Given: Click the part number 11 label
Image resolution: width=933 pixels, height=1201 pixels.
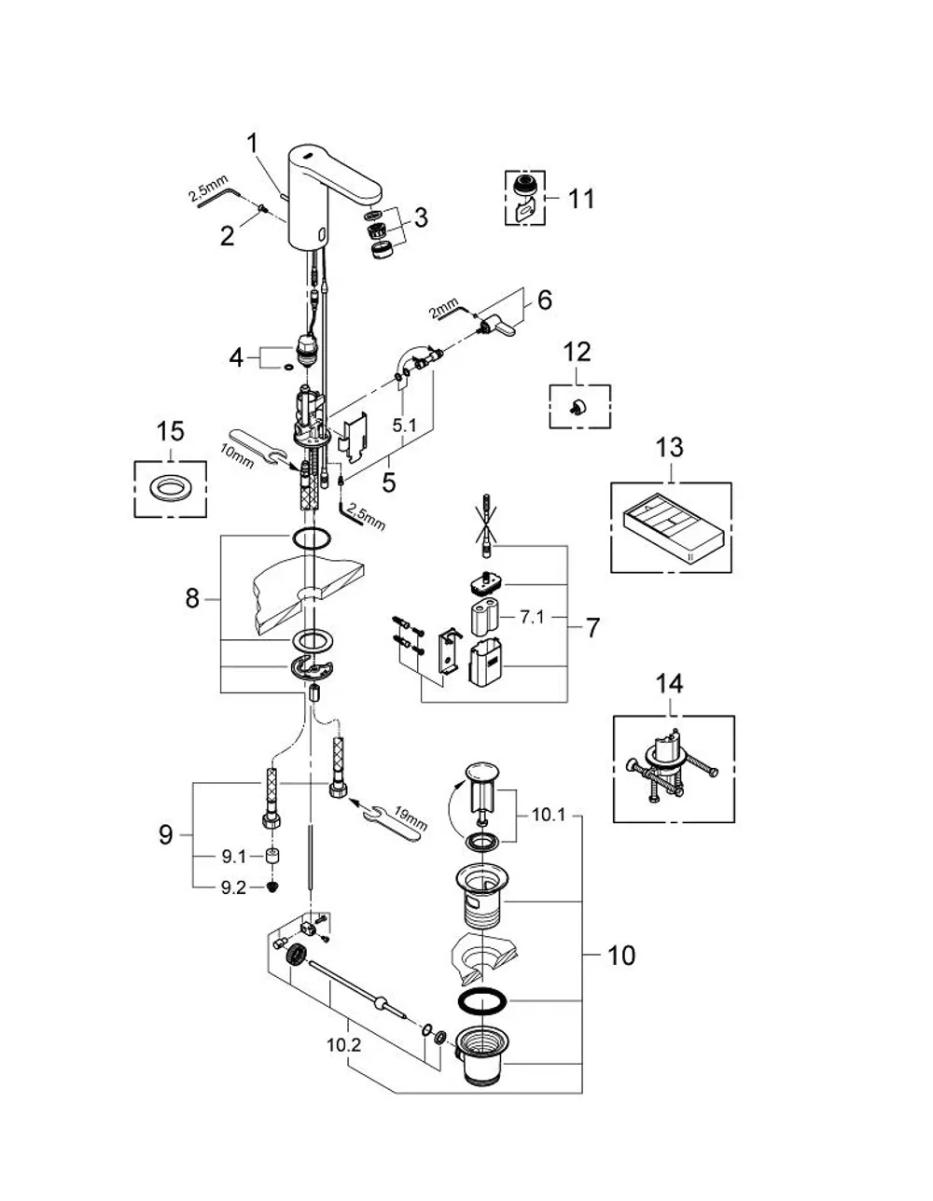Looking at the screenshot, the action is click(581, 199).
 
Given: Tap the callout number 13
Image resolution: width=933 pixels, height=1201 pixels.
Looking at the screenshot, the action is click(670, 448).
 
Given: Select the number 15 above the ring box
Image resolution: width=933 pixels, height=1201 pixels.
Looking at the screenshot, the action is click(170, 432).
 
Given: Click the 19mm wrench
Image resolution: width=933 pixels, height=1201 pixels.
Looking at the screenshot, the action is click(394, 821).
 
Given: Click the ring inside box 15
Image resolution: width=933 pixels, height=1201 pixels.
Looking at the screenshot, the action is click(170, 488).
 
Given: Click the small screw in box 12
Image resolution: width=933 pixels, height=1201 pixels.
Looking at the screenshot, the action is click(578, 409).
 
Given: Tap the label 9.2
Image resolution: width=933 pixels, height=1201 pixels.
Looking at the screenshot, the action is click(233, 887).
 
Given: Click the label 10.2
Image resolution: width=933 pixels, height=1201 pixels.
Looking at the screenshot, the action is click(343, 1046).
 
